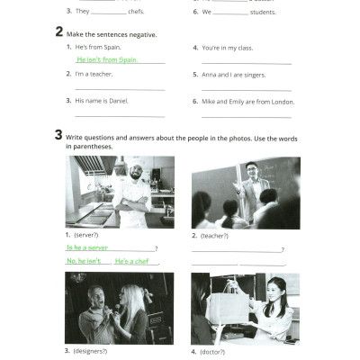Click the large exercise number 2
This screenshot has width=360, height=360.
tap(58, 32)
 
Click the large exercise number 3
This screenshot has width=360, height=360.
tap(58, 136)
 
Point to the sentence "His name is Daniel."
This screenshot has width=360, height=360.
tap(102, 101)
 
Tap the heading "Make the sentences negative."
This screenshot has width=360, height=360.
tap(112, 34)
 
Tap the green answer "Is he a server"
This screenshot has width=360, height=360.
tap(87, 247)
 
